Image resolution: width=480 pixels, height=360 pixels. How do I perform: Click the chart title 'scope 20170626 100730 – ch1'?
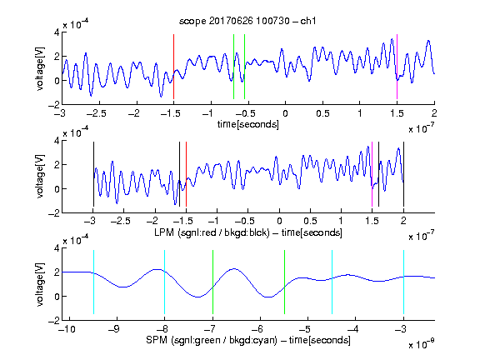point(247,21)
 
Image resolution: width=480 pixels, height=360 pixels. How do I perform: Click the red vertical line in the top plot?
point(173,67)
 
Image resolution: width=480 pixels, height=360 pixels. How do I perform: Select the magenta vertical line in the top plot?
point(397,67)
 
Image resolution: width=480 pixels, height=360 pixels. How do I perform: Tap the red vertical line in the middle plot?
point(186,174)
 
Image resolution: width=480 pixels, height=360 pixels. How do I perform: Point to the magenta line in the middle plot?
point(372,174)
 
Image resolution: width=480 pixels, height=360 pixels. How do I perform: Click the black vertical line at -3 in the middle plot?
point(93,174)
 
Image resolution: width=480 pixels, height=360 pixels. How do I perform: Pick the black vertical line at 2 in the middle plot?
point(403,174)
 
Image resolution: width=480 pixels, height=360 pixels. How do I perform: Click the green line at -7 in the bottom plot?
point(212,282)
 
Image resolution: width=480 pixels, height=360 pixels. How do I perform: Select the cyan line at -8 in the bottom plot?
point(165,282)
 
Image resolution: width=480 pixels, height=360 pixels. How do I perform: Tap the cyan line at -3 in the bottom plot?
point(403,282)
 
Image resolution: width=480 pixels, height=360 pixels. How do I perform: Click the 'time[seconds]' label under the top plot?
point(248,125)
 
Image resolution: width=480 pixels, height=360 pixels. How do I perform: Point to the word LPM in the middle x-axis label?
point(164,232)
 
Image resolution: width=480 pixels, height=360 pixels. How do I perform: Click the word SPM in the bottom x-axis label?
point(157,340)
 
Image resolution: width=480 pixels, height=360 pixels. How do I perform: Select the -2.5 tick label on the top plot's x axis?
point(96,113)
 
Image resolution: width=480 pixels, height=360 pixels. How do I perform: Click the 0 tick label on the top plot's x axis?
point(285,113)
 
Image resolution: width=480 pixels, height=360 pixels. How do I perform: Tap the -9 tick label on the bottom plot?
point(114,329)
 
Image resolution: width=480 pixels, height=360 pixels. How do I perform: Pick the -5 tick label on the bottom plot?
point(305,329)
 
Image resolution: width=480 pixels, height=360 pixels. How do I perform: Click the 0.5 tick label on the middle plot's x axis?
point(310,221)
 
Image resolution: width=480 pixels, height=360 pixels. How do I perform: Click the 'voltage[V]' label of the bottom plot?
point(40,284)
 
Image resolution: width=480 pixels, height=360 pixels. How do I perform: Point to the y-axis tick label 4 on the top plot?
point(57,32)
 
